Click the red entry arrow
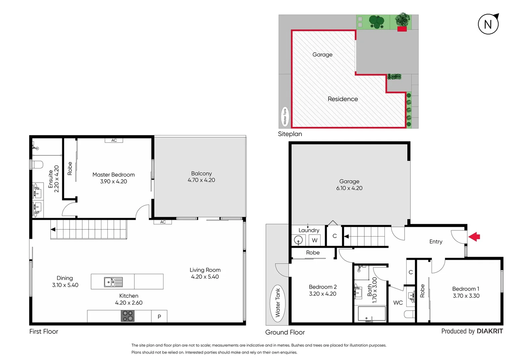[474, 237]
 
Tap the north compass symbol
[488, 24]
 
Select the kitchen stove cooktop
[128, 316]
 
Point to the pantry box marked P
[159, 317]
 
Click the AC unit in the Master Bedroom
[114, 140]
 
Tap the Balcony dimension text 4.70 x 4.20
[201, 180]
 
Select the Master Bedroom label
[113, 175]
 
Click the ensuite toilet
[37, 165]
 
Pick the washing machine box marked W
[315, 240]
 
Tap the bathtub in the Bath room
[372, 314]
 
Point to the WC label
[398, 303]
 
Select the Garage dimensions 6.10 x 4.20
[349, 188]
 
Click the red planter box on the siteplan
[402, 29]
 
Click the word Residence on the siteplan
[342, 99]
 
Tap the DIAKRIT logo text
[490, 331]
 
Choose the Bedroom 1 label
[466, 289]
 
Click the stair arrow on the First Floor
[53, 230]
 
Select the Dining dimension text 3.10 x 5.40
[65, 285]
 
